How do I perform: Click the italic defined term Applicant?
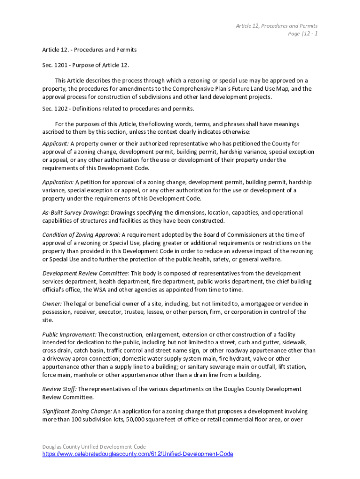coord(56,144)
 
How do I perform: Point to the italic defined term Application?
coord(58,182)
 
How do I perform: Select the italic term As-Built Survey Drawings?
coord(76,212)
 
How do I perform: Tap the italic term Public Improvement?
coord(69,334)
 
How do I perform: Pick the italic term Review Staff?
coord(59,389)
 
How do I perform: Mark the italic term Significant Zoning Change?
coord(77,411)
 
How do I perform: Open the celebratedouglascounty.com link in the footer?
coord(137,454)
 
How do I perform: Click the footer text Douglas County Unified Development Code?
coord(94,447)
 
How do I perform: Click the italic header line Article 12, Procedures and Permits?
coord(276,26)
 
